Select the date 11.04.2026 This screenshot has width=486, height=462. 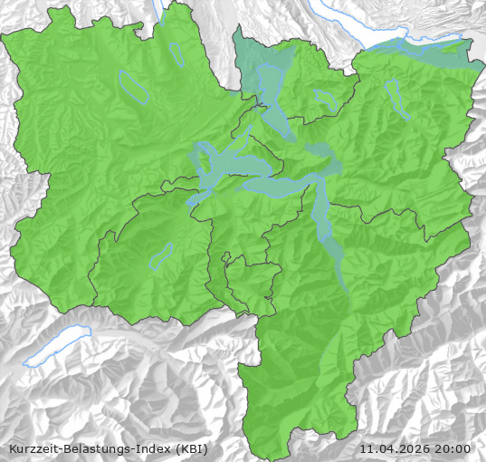point(395,448)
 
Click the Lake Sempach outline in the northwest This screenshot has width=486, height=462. point(134,86)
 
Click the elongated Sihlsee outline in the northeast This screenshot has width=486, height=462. point(395,100)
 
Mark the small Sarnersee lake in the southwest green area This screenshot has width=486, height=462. point(161,256)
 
